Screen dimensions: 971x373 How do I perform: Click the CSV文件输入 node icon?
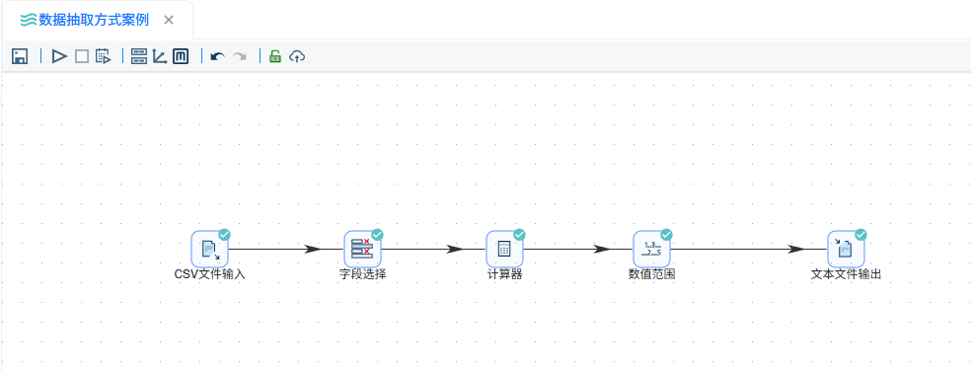click(x=210, y=249)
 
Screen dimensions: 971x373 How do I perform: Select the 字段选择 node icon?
click(x=362, y=249)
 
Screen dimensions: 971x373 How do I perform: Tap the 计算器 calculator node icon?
click(x=504, y=249)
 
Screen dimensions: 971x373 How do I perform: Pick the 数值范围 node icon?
click(x=651, y=249)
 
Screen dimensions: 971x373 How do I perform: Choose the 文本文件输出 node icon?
click(x=846, y=249)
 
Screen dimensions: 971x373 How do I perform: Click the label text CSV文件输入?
click(x=210, y=274)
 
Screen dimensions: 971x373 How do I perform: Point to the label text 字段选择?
click(x=363, y=274)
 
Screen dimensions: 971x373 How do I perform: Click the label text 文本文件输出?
click(x=846, y=274)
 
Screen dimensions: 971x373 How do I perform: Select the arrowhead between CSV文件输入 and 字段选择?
click(x=314, y=249)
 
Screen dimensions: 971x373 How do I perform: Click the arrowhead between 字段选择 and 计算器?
click(x=455, y=249)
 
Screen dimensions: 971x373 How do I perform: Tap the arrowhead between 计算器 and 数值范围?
click(x=601, y=249)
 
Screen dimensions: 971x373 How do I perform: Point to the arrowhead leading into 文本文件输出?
click(x=796, y=249)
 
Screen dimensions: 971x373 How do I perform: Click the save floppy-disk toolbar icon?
click(x=19, y=56)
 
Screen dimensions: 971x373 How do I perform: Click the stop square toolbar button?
click(x=82, y=56)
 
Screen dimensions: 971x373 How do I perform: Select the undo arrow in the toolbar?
click(x=217, y=57)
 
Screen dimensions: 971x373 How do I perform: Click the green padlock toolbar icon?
click(x=275, y=56)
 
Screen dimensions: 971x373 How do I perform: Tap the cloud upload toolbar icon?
click(x=297, y=56)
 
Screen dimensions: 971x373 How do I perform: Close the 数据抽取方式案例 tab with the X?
click(x=169, y=20)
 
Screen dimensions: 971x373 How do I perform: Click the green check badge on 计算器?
click(x=520, y=234)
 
